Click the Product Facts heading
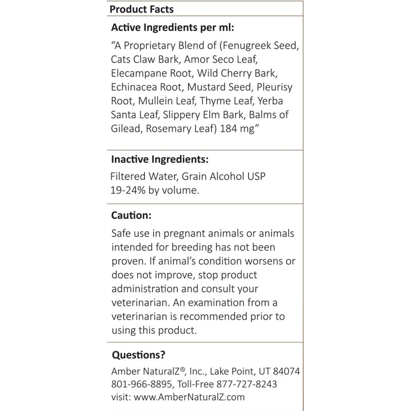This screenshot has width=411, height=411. tap(141, 9)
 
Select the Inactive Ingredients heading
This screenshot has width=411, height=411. tap(160, 159)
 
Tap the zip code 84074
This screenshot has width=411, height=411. tap(282, 371)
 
